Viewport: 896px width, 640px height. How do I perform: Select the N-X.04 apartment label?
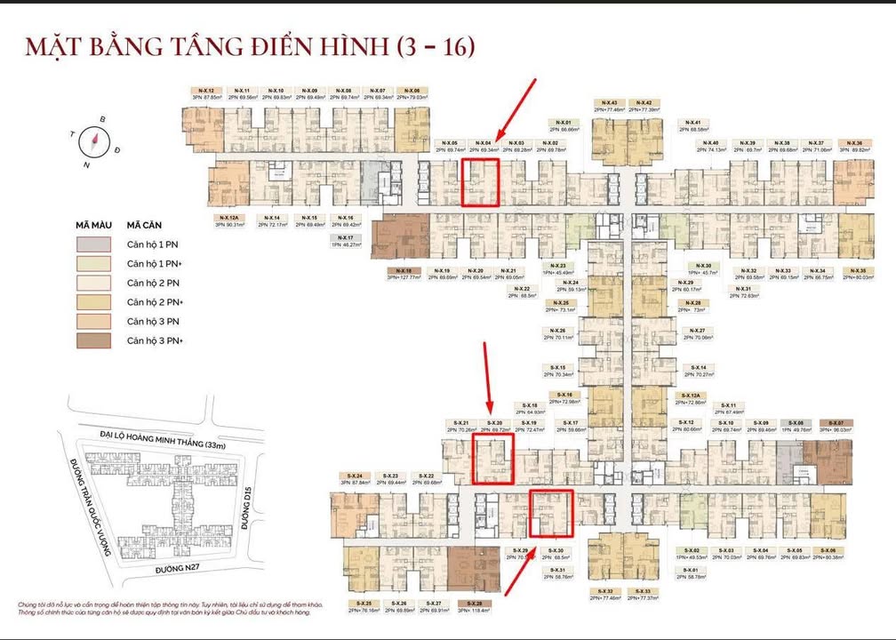coord(483,143)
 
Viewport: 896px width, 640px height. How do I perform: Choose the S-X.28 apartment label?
coord(462,604)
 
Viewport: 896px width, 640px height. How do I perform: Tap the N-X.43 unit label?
coord(609,103)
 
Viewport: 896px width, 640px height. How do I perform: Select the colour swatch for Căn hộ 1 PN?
coord(93,244)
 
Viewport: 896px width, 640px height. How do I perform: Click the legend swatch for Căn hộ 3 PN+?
coord(93,341)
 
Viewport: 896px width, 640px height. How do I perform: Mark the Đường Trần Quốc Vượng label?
coord(88,511)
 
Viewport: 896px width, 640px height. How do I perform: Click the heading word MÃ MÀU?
coord(92,226)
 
